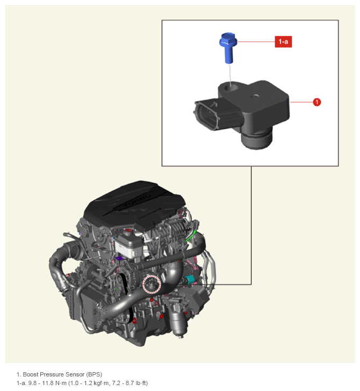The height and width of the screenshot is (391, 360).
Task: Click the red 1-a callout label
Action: pos(283,41)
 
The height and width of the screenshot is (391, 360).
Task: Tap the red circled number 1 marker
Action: pos(317,102)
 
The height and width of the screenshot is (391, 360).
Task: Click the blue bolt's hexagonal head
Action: pos(228,40)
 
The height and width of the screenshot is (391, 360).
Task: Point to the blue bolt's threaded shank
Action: pos(229,55)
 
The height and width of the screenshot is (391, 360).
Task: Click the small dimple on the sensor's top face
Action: pos(255,96)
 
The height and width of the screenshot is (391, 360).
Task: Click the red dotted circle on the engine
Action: pos(152,285)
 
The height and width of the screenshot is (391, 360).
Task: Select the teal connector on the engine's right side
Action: pos(191,280)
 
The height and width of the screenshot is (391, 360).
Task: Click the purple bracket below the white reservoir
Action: pos(119,258)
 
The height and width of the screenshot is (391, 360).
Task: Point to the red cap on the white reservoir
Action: pos(128,231)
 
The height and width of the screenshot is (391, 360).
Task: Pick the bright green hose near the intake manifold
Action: pos(191,236)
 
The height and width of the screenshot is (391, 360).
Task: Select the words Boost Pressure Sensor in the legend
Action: pos(54,374)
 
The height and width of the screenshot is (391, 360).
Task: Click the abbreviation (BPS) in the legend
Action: pos(94,374)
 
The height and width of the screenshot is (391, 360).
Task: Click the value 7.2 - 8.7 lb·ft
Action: pos(130,383)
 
